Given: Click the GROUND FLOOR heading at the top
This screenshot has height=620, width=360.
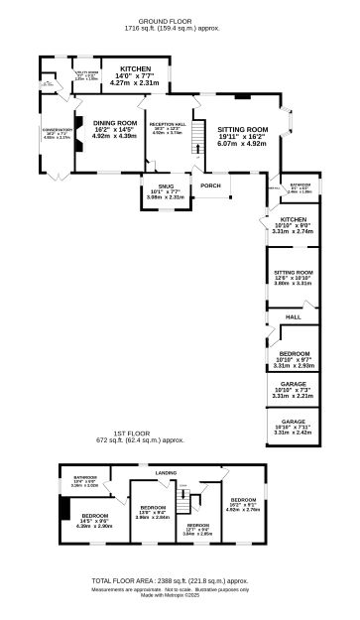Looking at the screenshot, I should point(179,20).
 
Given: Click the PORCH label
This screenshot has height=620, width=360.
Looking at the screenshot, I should point(210,186).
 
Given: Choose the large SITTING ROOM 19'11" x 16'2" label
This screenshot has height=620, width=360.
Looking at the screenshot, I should point(243,130).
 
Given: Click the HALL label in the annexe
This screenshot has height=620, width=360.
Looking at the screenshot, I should point(294,315).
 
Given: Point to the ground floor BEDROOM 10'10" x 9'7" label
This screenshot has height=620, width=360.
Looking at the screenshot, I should point(293,352).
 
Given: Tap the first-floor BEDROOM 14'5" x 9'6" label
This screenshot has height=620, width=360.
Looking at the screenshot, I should point(93,515).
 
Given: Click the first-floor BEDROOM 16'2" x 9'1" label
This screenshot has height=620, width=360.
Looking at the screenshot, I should point(244,500).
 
